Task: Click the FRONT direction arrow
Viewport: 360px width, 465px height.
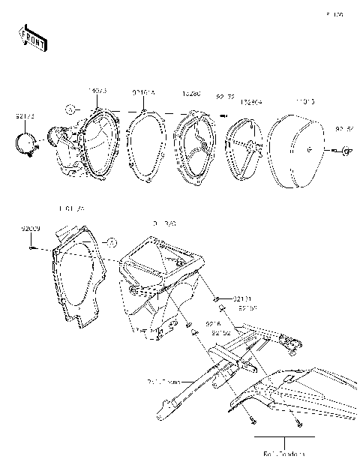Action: point(29,37)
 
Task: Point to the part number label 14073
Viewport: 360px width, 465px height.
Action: point(97,91)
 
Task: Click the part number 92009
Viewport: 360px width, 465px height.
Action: point(31,226)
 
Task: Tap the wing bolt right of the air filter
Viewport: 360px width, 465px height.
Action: point(344,152)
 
